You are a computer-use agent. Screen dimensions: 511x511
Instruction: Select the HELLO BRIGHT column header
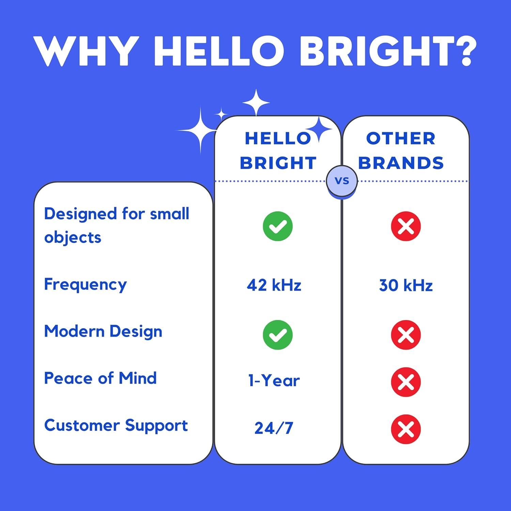click(x=278, y=151)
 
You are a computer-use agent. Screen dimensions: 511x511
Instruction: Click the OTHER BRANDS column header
click(x=401, y=151)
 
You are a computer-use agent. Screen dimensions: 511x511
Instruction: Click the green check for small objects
click(x=278, y=226)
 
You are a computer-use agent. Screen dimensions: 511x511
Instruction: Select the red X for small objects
click(x=406, y=226)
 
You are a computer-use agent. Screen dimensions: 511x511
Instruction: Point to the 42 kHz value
click(x=274, y=285)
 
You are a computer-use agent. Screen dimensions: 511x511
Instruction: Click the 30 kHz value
click(x=406, y=285)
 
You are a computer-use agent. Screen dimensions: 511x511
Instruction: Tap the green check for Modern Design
click(x=278, y=335)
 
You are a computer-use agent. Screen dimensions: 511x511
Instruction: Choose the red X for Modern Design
click(x=406, y=335)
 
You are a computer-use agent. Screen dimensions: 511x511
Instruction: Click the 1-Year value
click(x=274, y=381)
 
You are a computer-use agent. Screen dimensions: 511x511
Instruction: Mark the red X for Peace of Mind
click(x=406, y=382)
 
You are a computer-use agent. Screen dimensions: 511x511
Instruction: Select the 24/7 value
click(x=274, y=428)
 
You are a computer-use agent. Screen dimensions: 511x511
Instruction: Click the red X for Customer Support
click(x=406, y=429)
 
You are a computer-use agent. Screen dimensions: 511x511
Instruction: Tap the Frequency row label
click(x=85, y=284)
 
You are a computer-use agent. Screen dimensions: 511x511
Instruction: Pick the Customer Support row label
click(x=116, y=426)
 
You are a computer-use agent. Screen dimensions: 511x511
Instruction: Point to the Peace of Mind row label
click(x=100, y=378)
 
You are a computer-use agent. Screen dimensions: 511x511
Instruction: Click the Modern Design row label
click(x=103, y=331)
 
